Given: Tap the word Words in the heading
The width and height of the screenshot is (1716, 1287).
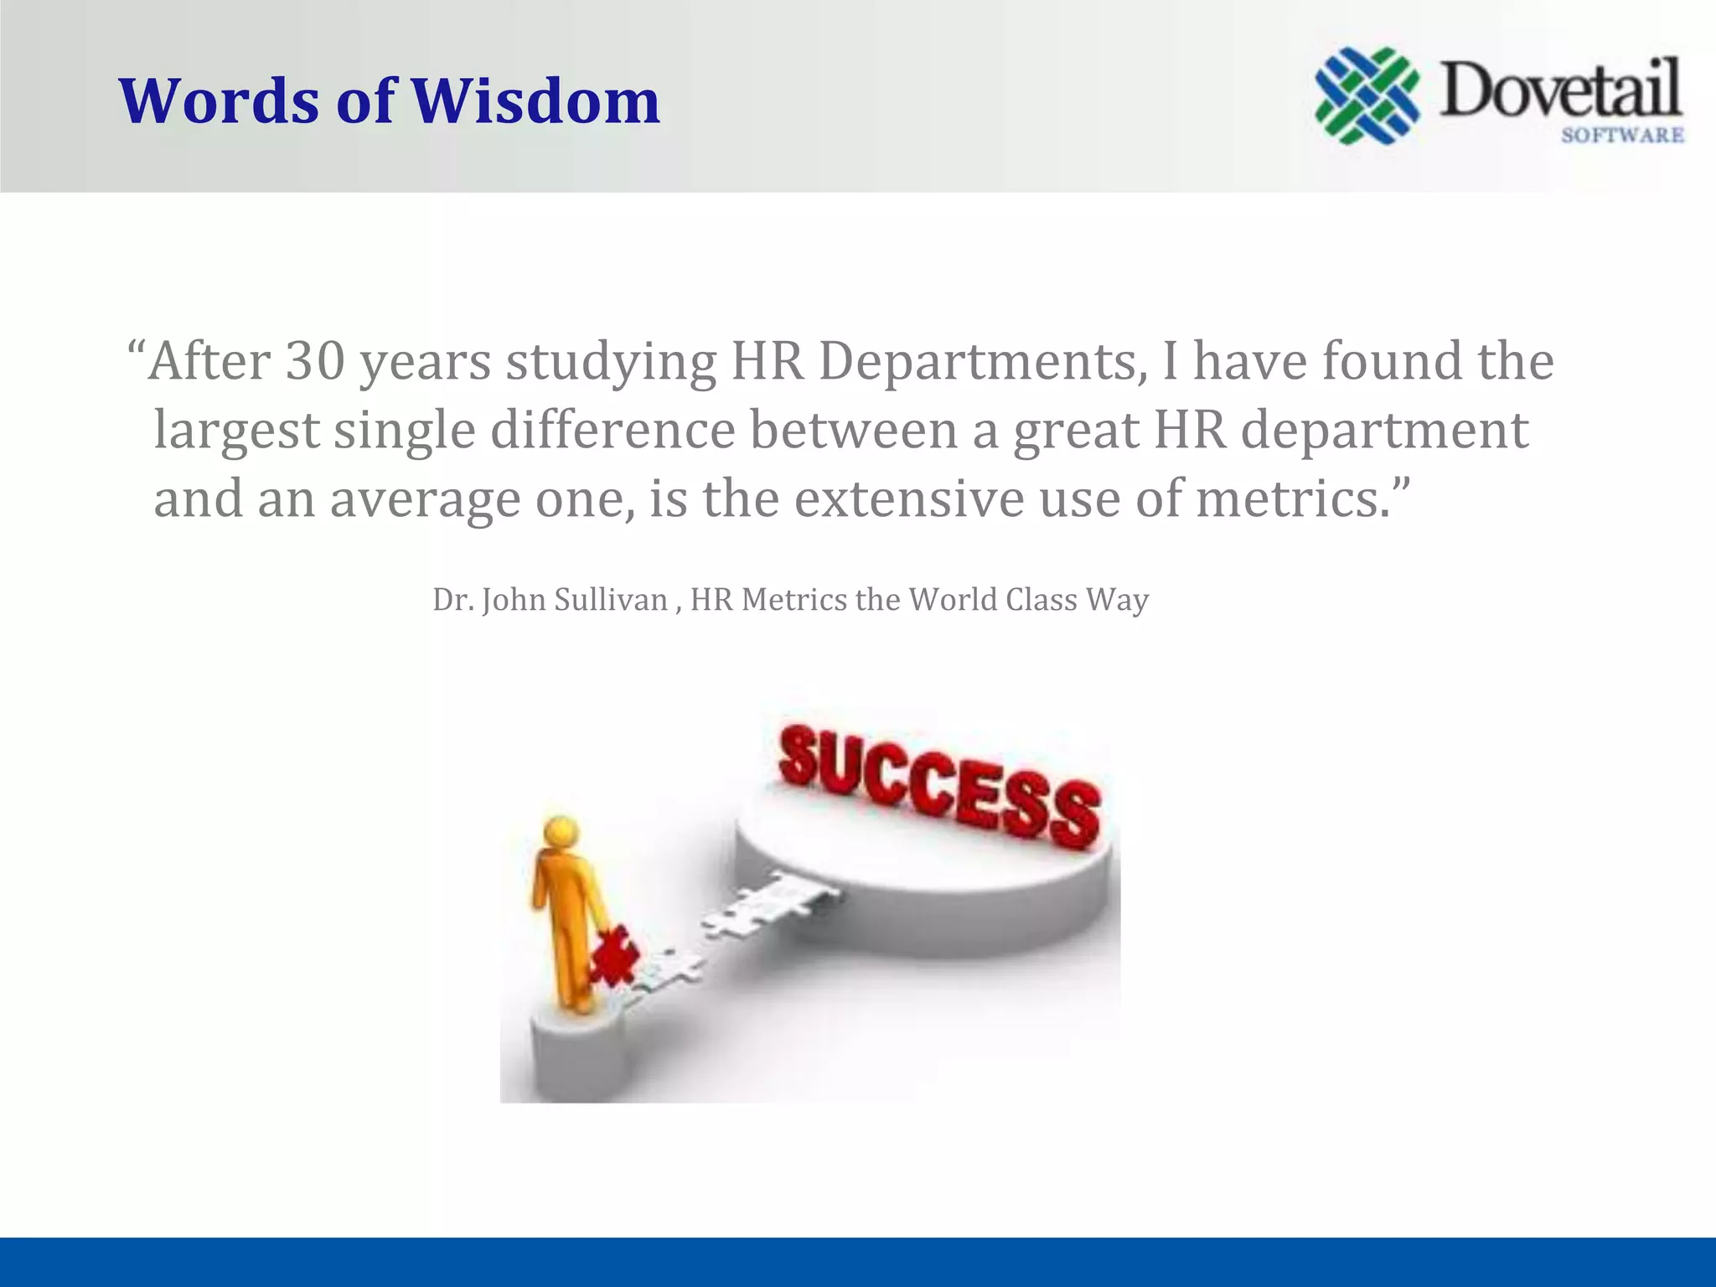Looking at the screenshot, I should pyautogui.click(x=220, y=101).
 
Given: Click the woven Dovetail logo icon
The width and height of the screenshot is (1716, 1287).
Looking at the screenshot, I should pyautogui.click(x=1367, y=96).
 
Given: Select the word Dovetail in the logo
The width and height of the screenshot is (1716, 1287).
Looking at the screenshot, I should pyautogui.click(x=1560, y=90).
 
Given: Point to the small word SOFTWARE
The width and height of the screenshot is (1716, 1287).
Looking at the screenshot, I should pyautogui.click(x=1622, y=135).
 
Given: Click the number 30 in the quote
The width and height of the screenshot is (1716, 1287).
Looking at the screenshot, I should pyautogui.click(x=315, y=361).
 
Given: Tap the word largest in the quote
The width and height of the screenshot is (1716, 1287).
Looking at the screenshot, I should pyautogui.click(x=236, y=431).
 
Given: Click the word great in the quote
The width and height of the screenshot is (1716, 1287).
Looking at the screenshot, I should pyautogui.click(x=1075, y=431).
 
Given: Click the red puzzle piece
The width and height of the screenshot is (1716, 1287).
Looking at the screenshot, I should pyautogui.click(x=613, y=955).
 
